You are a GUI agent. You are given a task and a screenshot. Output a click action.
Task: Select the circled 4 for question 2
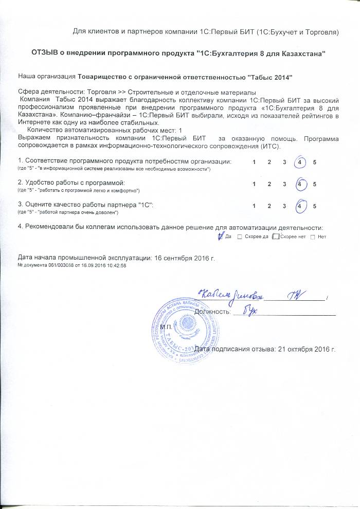(x=299, y=184)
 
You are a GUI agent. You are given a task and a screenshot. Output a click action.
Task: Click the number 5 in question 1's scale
(x=314, y=163)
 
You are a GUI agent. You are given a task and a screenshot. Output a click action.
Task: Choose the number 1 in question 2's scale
(x=254, y=184)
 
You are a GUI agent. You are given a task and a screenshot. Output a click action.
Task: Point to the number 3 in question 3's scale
(x=284, y=206)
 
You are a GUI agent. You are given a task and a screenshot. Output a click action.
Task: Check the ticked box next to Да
(x=221, y=236)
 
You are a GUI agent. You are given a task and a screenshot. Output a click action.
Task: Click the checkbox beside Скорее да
(x=239, y=237)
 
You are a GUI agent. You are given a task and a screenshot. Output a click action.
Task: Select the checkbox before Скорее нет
(x=276, y=237)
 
